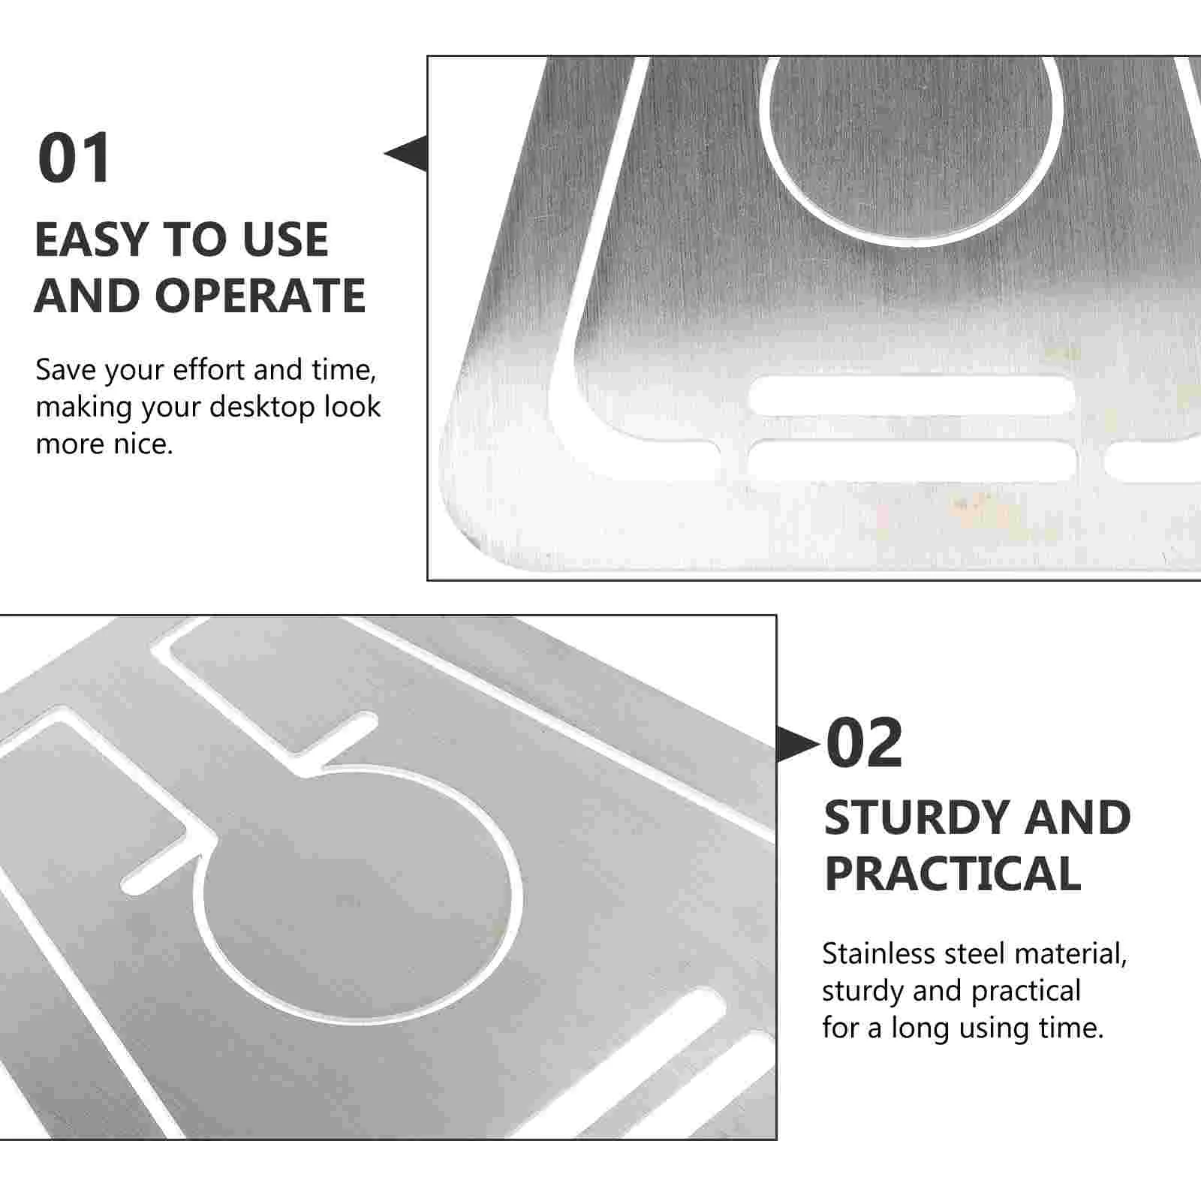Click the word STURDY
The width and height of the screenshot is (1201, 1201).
(x=920, y=817)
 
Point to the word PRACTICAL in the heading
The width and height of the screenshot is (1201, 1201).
(x=953, y=873)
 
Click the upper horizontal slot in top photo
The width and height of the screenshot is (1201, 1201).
(x=912, y=395)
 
